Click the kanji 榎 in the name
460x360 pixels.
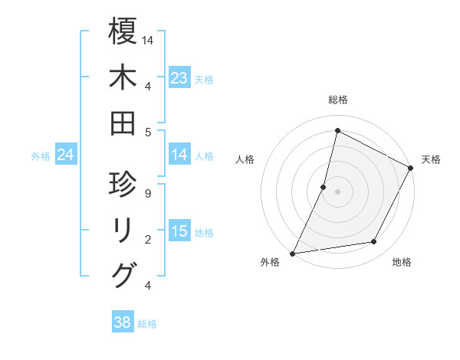[x=123, y=31]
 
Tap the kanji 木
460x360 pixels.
[x=123, y=77]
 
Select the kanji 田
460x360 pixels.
[x=123, y=123]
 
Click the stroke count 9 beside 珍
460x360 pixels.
[x=147, y=193]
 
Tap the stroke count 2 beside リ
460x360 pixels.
[x=147, y=240]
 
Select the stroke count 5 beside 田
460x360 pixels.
[x=147, y=132]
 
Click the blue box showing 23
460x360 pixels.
[x=179, y=78]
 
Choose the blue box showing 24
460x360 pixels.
[x=66, y=155]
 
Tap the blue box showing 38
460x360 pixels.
[x=123, y=322]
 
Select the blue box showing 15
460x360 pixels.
[x=179, y=232]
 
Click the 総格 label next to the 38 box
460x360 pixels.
[x=148, y=324]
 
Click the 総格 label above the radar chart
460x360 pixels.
[x=337, y=100]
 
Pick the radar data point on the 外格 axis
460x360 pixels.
[x=293, y=253]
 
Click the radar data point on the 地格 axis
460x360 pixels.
[x=374, y=242]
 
